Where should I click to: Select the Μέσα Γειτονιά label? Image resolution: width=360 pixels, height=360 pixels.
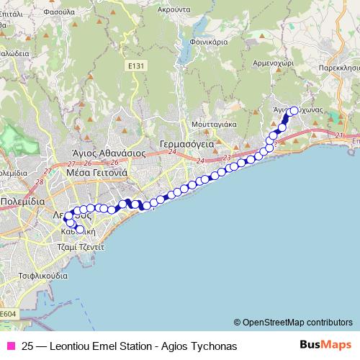(x=96, y=173)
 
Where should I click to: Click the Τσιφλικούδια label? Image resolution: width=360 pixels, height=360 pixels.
(x=44, y=275)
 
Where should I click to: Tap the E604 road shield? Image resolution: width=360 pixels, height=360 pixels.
(x=7, y=315)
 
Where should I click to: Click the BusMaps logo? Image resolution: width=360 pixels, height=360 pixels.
(x=326, y=345)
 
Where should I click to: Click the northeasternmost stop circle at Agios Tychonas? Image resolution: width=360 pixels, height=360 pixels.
(x=293, y=110)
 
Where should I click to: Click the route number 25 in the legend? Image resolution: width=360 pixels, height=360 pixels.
(x=27, y=346)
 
